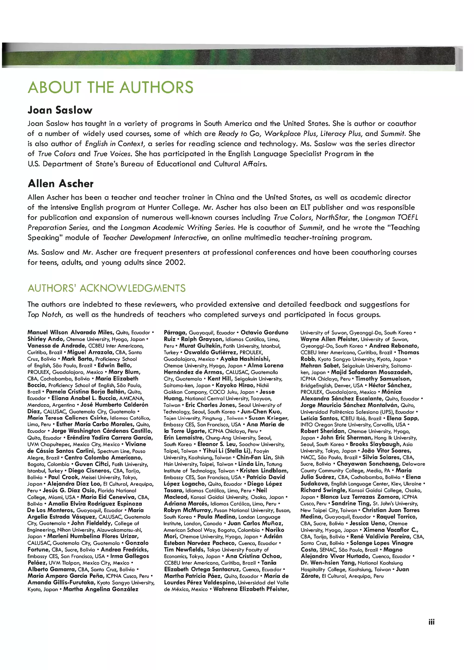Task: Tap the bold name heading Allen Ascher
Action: [61, 184]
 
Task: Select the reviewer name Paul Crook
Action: [63, 477]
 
